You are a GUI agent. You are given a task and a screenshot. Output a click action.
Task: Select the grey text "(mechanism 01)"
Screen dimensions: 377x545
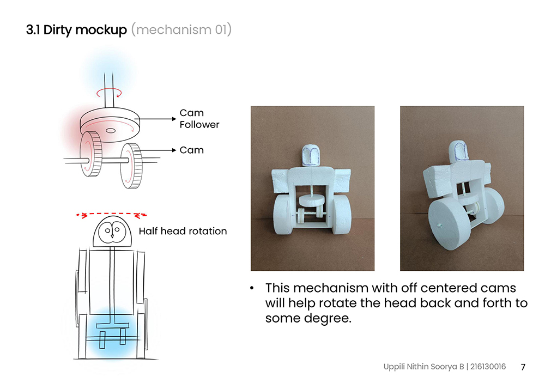pyautogui.click(x=181, y=29)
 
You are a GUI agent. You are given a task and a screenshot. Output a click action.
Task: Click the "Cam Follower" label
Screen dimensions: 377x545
pyautogui.click(x=199, y=119)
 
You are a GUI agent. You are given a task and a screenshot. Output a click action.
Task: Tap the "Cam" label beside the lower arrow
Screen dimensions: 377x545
pyautogui.click(x=191, y=150)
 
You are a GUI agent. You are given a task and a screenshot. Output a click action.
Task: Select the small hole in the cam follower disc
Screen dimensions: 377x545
pyautogui.click(x=111, y=130)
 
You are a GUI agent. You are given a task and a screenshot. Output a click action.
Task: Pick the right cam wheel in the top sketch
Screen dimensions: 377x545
pyautogui.click(x=132, y=165)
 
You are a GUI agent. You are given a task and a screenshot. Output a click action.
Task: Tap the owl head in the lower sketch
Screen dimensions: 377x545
pyautogui.click(x=113, y=231)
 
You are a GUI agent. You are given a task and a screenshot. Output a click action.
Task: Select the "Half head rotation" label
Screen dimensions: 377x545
pyautogui.click(x=183, y=231)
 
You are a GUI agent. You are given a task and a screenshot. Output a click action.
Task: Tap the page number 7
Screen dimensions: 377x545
pyautogui.click(x=523, y=367)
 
